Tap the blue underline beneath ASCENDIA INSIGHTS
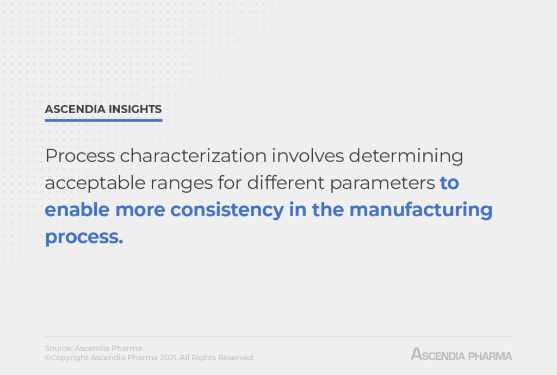click(x=103, y=120)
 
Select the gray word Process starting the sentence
click(x=80, y=156)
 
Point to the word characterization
click(x=193, y=156)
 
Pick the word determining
click(x=406, y=156)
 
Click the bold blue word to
click(x=449, y=183)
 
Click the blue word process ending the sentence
click(x=83, y=237)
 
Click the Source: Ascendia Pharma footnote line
click(x=93, y=348)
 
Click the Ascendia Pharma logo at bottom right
click(x=461, y=354)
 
